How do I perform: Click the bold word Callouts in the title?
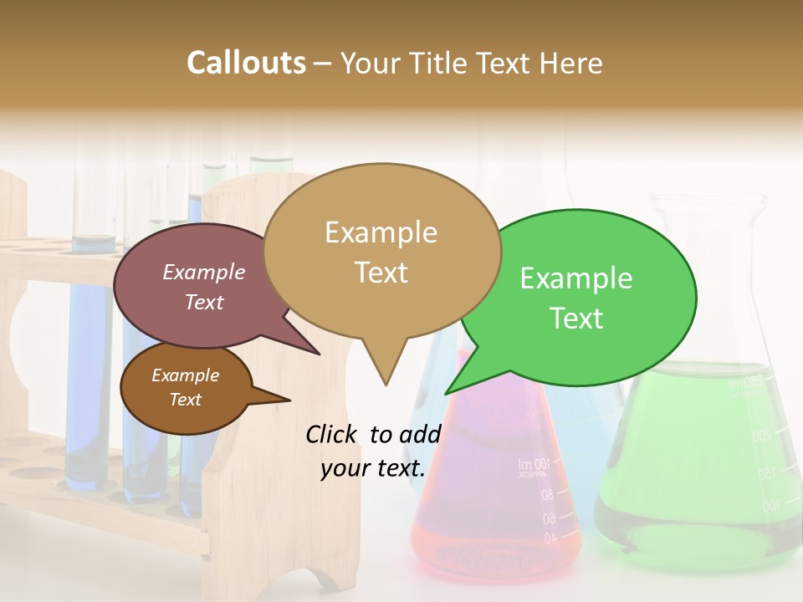coord(246,63)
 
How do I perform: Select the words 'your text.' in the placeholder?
coord(373,468)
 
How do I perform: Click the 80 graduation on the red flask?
coord(546,495)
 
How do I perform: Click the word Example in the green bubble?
coord(576,278)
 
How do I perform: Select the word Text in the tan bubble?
coord(381,273)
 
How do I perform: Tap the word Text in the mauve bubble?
coord(204,303)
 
